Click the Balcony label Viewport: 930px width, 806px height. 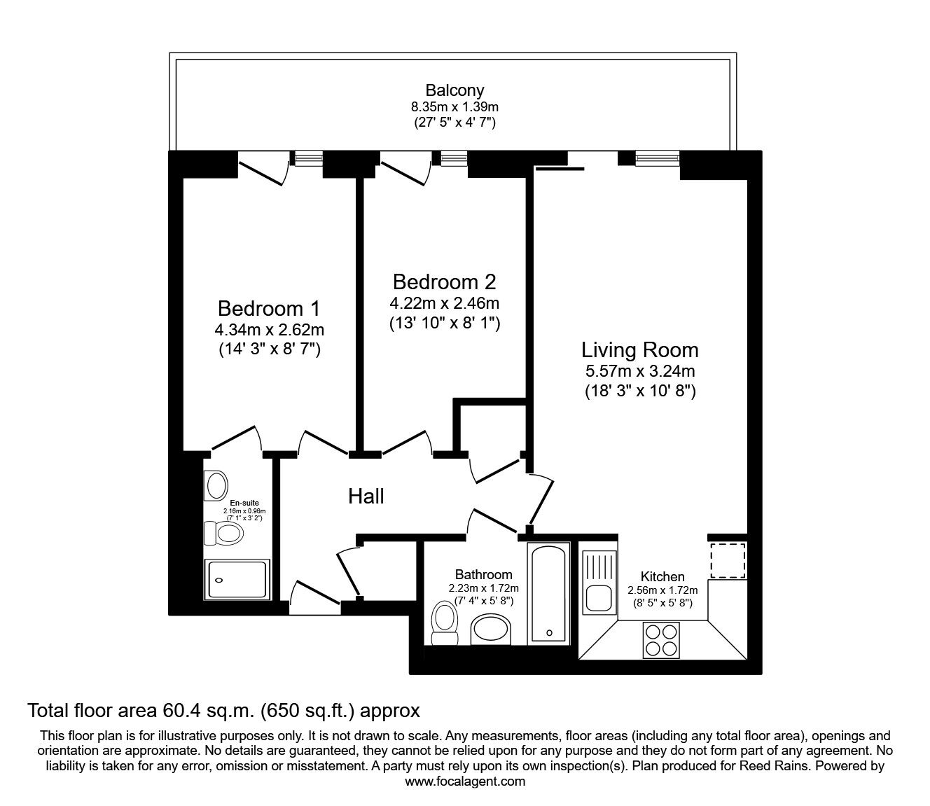[x=454, y=90]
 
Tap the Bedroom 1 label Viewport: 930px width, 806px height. [x=269, y=309]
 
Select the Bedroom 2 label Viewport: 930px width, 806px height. [x=444, y=282]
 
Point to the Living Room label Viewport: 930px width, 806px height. [x=640, y=350]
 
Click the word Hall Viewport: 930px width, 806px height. [x=366, y=496]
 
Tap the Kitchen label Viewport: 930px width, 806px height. [x=662, y=576]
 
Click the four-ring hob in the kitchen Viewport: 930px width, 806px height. [x=661, y=639]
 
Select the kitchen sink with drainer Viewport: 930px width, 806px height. [x=599, y=583]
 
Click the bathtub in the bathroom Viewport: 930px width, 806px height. [x=548, y=592]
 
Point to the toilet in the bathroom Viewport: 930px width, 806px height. [x=444, y=624]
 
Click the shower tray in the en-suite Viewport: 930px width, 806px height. [x=237, y=580]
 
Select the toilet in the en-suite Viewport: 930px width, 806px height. [x=223, y=534]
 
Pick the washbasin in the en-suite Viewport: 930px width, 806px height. [x=216, y=485]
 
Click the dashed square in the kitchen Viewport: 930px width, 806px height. [x=728, y=561]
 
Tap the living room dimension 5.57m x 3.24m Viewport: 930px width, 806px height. [x=640, y=371]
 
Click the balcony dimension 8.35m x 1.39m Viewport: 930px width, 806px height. [x=454, y=107]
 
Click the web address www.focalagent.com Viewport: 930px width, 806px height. [x=465, y=781]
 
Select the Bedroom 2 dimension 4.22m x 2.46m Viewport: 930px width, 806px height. [x=444, y=304]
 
